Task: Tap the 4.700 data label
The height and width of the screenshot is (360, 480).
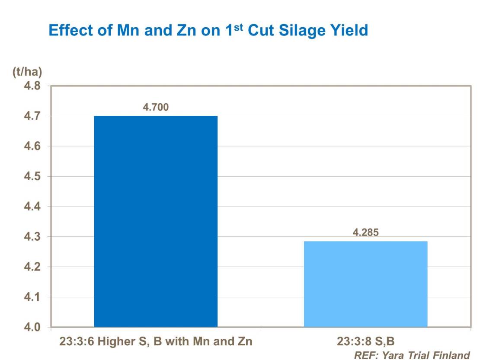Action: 156,108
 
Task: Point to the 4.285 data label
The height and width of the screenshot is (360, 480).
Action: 365,233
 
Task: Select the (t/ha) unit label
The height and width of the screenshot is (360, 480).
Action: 27,72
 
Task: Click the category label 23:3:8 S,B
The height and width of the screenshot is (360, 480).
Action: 365,342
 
